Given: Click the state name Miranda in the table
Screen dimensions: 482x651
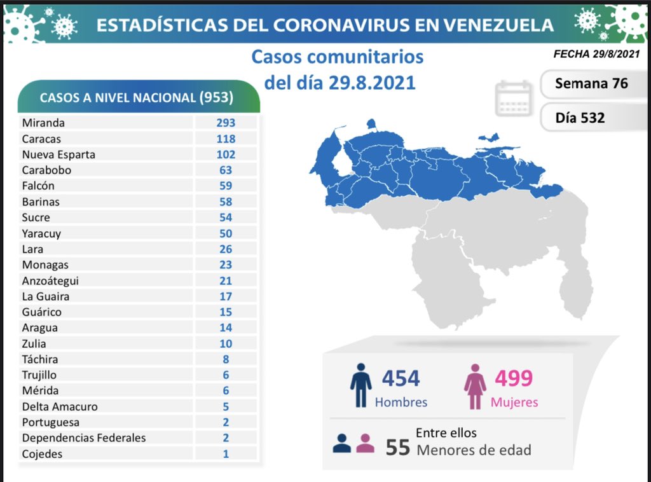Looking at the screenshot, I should tap(43, 123).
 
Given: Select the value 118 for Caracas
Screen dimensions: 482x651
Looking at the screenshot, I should tap(226, 139).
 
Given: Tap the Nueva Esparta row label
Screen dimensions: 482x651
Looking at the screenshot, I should tap(58, 155).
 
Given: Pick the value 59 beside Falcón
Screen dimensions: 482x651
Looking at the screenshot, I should tap(226, 186).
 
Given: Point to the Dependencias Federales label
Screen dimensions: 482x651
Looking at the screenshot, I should tap(84, 437).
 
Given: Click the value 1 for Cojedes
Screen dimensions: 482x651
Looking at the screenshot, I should tap(226, 454).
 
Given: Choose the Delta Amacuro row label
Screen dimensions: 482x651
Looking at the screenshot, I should tap(60, 406).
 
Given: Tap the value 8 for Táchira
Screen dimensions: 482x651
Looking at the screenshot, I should tap(226, 359).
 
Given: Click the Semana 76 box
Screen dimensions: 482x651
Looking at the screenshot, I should tap(591, 83).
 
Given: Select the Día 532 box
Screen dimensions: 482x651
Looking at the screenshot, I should tap(580, 118).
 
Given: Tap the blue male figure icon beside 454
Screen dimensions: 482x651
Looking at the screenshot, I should tap(360, 385).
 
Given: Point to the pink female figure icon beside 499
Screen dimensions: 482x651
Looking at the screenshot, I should tap(474, 385).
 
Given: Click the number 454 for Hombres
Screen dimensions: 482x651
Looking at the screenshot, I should tap(401, 378).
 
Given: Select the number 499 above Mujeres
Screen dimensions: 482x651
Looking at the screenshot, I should tap(514, 378).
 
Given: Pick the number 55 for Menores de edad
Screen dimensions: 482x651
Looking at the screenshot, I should tap(398, 447).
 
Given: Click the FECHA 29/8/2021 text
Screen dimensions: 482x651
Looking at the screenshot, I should tap(596, 55).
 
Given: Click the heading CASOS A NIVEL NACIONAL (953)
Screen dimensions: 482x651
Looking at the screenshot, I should tap(137, 98).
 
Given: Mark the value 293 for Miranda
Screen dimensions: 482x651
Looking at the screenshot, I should tap(226, 123).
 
